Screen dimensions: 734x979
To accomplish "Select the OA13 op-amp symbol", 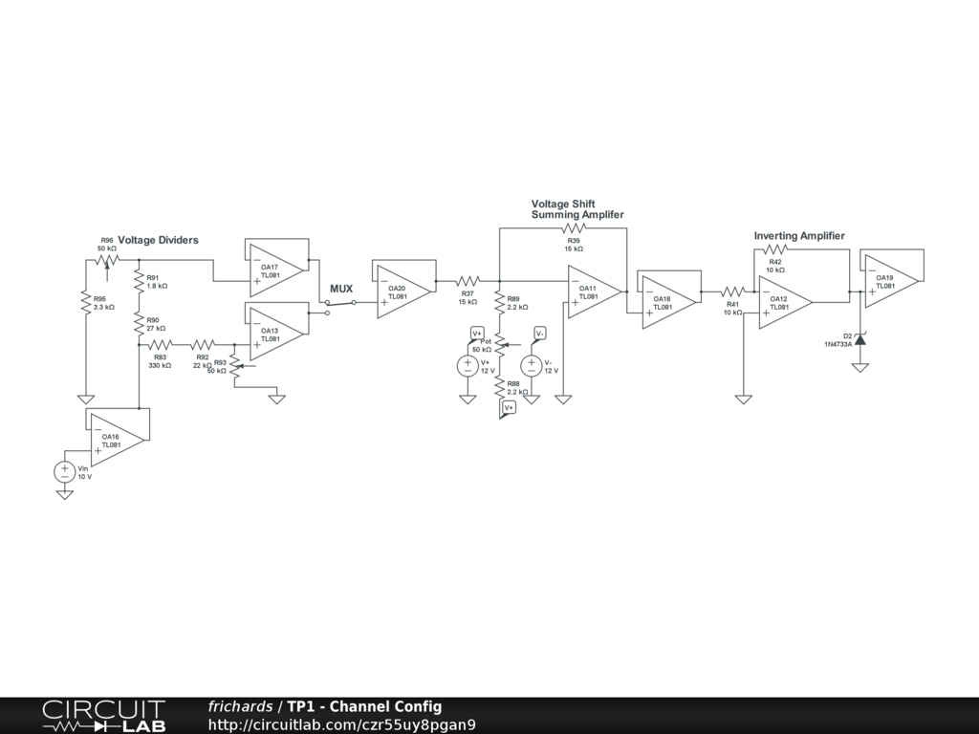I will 274,334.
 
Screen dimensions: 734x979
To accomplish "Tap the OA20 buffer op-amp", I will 402,291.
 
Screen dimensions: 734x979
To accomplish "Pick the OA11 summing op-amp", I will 594,291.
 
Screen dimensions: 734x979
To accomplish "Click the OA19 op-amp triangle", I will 890,280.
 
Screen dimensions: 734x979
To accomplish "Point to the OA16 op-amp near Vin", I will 115,440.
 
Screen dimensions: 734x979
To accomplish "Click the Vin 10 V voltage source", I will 65,470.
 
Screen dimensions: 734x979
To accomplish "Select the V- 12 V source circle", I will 532,365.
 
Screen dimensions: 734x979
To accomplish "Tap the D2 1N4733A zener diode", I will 860,339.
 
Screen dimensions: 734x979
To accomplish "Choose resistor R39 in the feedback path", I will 574,229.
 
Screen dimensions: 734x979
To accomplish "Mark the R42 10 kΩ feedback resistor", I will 775,249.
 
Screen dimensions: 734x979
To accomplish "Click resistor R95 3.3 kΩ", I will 86,302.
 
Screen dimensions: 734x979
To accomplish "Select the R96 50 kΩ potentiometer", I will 107,258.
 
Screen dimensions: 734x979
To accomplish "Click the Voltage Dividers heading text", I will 158,240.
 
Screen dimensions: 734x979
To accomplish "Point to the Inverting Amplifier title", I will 799,236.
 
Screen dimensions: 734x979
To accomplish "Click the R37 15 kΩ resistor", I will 468,281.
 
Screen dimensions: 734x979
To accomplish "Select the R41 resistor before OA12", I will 733,291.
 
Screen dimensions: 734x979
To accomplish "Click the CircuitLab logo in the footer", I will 103,716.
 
